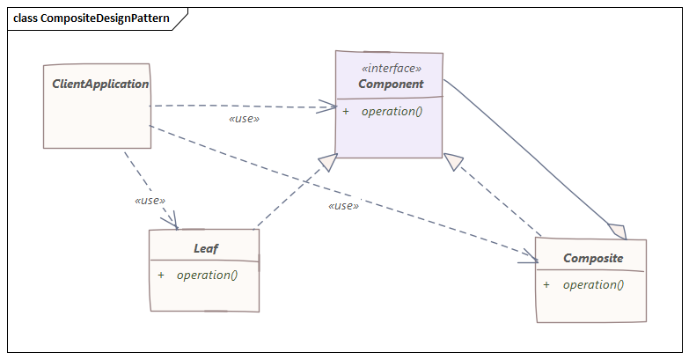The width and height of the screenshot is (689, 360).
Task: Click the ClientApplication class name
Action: pos(100,84)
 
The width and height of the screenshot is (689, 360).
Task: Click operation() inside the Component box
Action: pos(392,111)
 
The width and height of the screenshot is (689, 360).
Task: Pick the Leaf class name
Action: pos(206,249)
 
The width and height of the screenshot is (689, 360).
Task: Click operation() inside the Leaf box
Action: pos(207,275)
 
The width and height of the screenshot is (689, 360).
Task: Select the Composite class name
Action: pos(593,259)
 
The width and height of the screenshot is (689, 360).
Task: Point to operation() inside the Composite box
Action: pos(593,284)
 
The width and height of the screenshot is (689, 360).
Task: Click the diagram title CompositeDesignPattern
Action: pos(92,18)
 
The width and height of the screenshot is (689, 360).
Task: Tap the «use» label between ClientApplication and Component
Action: pos(244,118)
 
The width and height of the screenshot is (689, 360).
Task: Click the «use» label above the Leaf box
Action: pos(150,201)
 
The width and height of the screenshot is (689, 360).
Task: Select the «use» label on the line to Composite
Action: pos(343,206)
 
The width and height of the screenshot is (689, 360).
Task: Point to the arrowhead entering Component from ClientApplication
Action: pos(330,108)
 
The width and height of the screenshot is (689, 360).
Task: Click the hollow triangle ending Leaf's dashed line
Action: pos(327,162)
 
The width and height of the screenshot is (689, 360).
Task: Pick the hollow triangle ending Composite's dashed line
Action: pos(453,162)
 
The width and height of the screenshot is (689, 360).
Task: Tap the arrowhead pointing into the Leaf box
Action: pos(172,222)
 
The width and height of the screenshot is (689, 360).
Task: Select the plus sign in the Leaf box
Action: pos(161,275)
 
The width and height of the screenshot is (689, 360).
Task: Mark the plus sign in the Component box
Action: pos(346,111)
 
